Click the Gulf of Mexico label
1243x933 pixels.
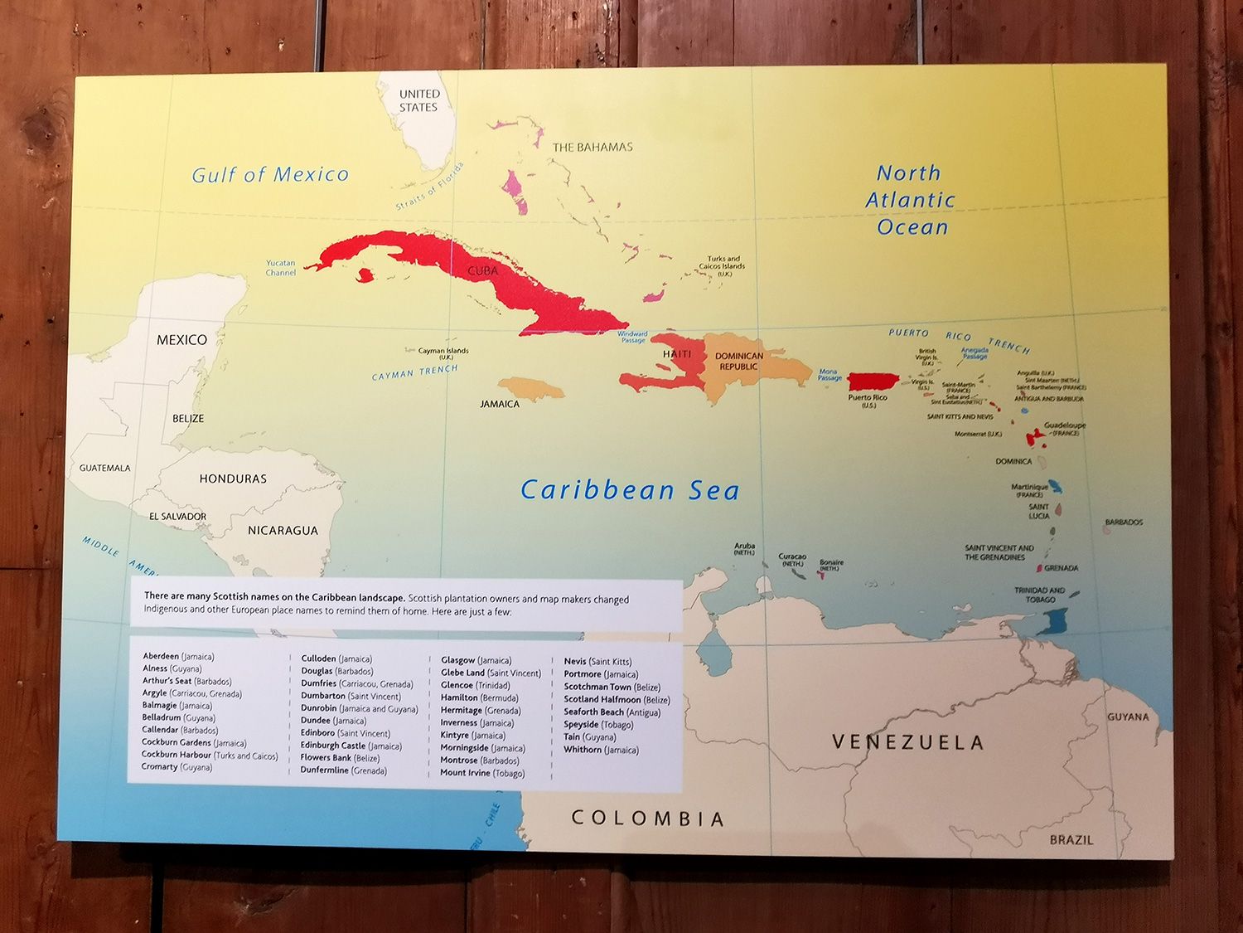coord(270,175)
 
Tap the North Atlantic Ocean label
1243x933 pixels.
coord(911,200)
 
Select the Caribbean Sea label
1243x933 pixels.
coord(630,490)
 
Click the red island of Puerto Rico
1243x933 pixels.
coord(873,381)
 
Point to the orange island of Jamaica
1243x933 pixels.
coord(530,387)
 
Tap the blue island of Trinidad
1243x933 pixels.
coord(1055,621)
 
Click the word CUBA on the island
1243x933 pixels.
coord(483,271)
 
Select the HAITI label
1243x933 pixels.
coord(677,354)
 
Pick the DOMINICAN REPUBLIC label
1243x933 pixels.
coord(739,361)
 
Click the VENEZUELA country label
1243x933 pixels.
coord(908,742)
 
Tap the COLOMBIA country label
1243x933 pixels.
coord(648,819)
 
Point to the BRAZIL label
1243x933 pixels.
coord(1071,840)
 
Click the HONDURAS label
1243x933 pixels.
coord(233,479)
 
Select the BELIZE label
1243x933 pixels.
coord(188,418)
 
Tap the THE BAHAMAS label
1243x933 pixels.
coord(592,148)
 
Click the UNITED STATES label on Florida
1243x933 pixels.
coord(419,100)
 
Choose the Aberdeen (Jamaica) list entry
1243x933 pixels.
coord(178,656)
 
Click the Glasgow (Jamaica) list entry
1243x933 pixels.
coord(476,660)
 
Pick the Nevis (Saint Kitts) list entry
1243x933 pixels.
coord(597,662)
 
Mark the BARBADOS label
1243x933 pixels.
coord(1124,522)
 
